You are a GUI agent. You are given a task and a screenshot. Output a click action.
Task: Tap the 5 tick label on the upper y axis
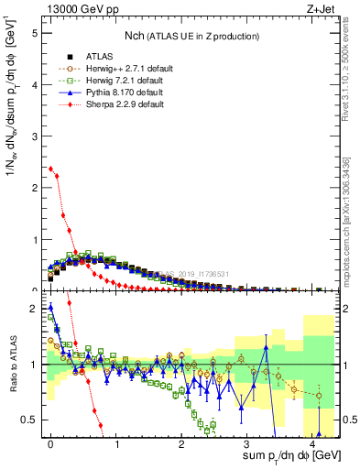(33, 32)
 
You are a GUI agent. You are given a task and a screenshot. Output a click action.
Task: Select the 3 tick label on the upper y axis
(33, 136)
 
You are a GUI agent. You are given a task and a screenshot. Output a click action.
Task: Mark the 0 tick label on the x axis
(50, 442)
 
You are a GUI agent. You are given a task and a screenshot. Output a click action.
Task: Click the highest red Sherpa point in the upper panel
(50, 169)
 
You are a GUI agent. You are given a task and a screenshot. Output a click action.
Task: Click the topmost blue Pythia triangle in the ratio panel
(50, 307)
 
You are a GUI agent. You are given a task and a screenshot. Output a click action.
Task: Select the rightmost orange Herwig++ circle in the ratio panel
(319, 396)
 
